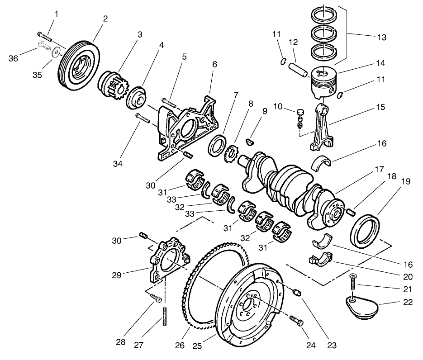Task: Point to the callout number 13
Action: pyautogui.click(x=381, y=38)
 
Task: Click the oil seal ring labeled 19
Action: pyautogui.click(x=366, y=231)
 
